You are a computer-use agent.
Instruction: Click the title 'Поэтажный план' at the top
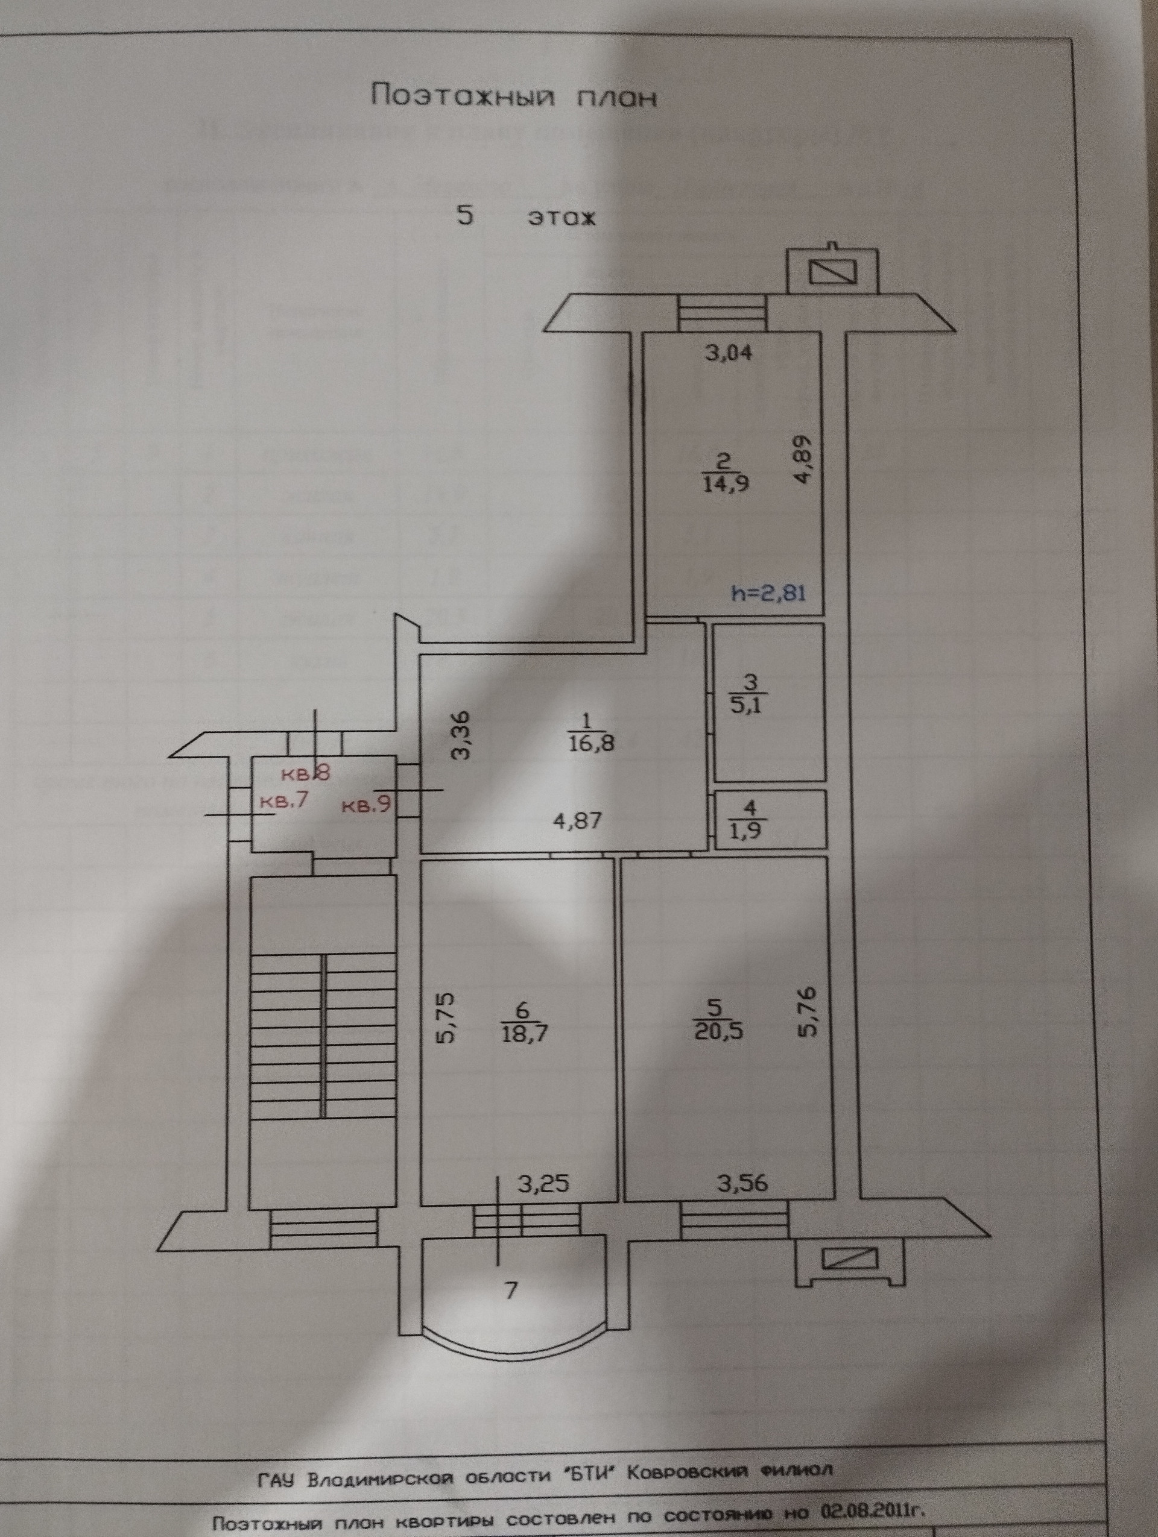(x=514, y=96)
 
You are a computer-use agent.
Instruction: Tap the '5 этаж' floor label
(x=526, y=217)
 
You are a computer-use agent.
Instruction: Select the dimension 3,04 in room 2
(x=729, y=353)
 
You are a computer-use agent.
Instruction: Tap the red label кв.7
(x=283, y=801)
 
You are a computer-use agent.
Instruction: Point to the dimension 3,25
(x=546, y=1182)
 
